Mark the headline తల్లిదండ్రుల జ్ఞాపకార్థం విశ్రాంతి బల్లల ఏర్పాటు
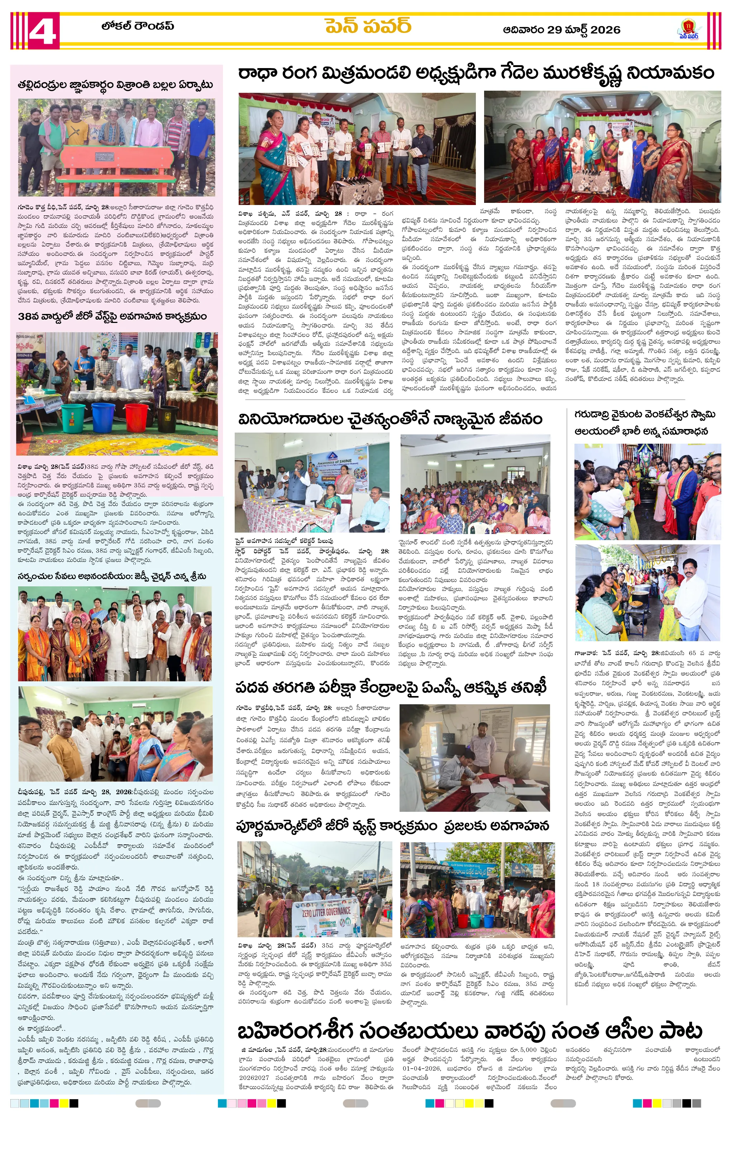pyautogui.click(x=115, y=85)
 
